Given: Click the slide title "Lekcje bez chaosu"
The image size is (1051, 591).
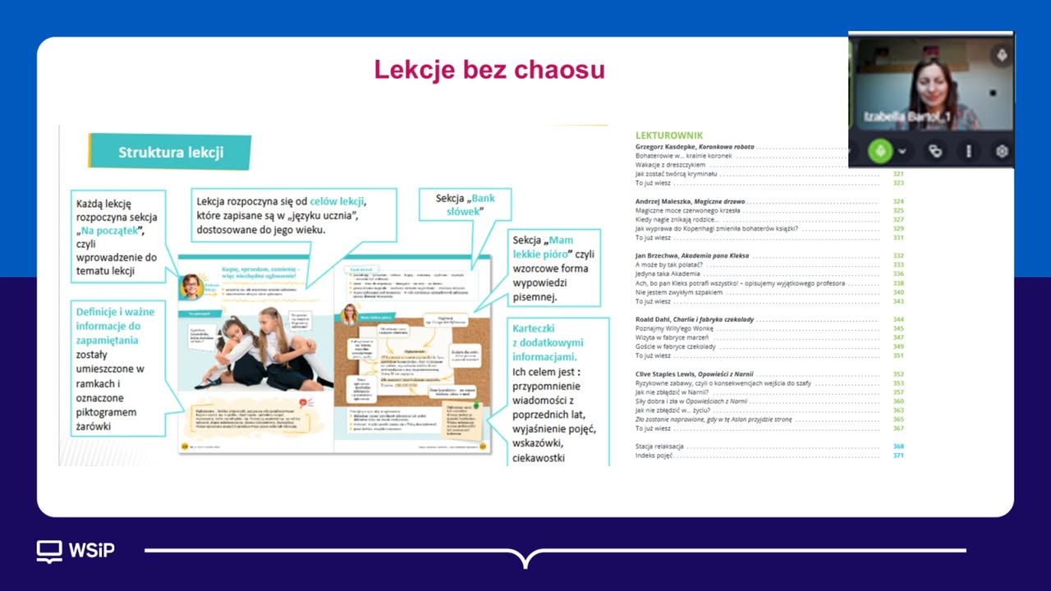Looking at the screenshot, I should (x=489, y=70).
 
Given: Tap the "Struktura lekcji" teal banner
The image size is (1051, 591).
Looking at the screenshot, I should (x=170, y=152).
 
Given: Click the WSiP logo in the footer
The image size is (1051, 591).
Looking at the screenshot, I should (x=76, y=550).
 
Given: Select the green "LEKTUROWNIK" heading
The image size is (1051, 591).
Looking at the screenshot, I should (x=669, y=135).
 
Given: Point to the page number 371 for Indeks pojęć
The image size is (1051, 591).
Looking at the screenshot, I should (x=898, y=455).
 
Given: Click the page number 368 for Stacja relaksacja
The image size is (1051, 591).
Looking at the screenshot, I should (x=898, y=446).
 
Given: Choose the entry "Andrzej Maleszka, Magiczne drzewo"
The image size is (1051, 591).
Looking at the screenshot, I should (x=690, y=201).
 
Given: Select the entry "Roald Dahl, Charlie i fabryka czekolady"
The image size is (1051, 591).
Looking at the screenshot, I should (x=695, y=319).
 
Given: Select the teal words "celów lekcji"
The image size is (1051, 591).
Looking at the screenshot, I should (x=337, y=201).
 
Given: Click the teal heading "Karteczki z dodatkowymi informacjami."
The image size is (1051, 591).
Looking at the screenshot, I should (x=547, y=341).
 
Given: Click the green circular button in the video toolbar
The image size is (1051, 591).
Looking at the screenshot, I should (x=879, y=151).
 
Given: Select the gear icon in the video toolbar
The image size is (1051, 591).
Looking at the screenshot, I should (x=1001, y=151).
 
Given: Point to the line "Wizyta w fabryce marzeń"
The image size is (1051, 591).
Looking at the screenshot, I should (x=672, y=337).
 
